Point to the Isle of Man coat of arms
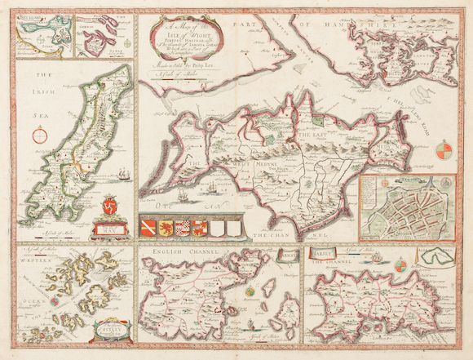[112, 228]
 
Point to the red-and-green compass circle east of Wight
[442, 151]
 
